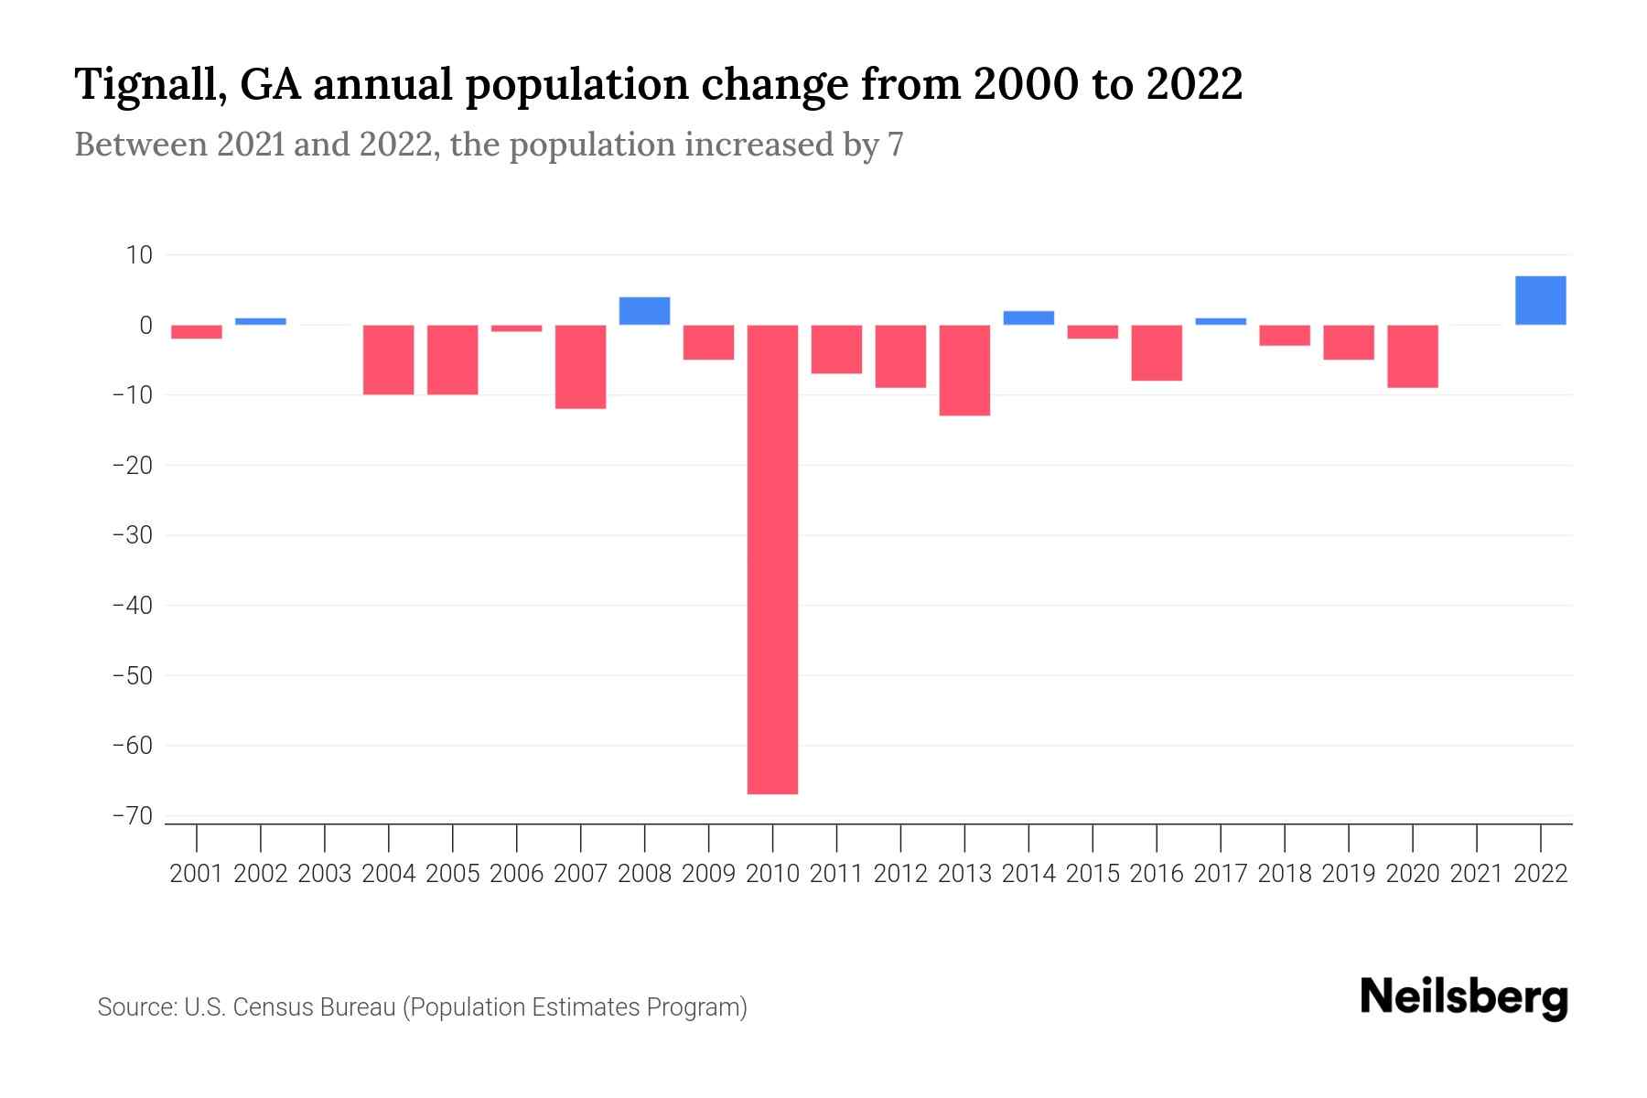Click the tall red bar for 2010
pyautogui.click(x=772, y=558)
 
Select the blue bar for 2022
pyautogui.click(x=1540, y=300)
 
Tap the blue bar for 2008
pyautogui.click(x=644, y=311)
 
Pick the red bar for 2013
pyautogui.click(x=964, y=370)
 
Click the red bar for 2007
pyautogui.click(x=580, y=366)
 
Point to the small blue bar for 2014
pyautogui.click(x=1028, y=318)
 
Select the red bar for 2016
pyautogui.click(x=1157, y=352)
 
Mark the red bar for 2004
pyautogui.click(x=389, y=360)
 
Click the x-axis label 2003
pyautogui.click(x=325, y=874)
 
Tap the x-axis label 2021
pyautogui.click(x=1476, y=874)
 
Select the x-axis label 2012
pyautogui.click(x=900, y=874)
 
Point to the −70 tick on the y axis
pyautogui.click(x=132, y=815)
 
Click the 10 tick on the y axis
pyautogui.click(x=140, y=254)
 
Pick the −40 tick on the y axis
pyautogui.click(x=132, y=605)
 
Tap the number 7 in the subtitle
pyautogui.click(x=895, y=145)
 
